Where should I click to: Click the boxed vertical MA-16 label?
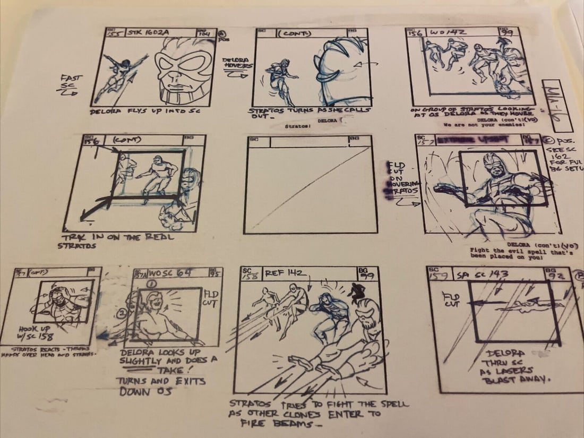pos(555,106)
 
